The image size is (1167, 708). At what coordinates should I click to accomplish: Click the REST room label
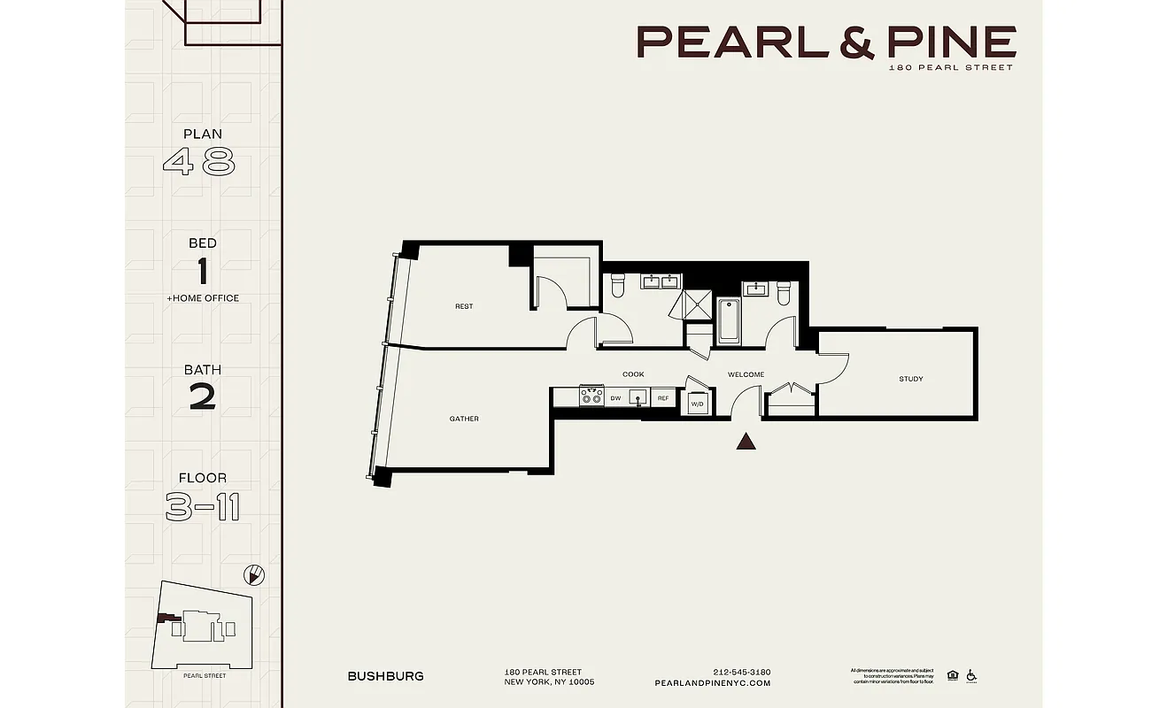(x=464, y=306)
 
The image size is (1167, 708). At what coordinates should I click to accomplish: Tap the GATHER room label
(x=464, y=419)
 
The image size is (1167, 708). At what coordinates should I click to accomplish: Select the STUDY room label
(x=910, y=379)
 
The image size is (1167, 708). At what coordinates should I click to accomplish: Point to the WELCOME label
(x=746, y=374)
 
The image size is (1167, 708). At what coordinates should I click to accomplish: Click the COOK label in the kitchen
(x=633, y=374)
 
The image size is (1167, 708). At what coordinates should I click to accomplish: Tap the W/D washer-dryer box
(x=697, y=402)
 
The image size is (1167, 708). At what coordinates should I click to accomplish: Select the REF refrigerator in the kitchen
(x=663, y=398)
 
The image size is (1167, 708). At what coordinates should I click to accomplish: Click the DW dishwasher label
(x=615, y=398)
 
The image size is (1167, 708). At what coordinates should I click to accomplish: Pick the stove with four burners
(x=591, y=396)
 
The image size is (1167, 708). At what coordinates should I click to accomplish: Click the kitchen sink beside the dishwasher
(x=638, y=397)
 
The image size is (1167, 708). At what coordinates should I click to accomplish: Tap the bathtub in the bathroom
(x=728, y=320)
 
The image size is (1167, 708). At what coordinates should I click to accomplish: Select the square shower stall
(x=696, y=305)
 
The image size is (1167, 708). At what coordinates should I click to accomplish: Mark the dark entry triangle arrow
(x=746, y=441)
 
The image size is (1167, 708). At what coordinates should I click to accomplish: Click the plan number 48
(x=200, y=162)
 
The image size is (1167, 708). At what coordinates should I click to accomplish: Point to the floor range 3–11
(x=203, y=508)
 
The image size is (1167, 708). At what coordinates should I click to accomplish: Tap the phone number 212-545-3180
(x=741, y=672)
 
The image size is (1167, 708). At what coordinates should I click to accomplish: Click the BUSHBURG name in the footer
(x=385, y=676)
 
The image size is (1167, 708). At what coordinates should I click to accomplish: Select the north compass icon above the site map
(x=254, y=575)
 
